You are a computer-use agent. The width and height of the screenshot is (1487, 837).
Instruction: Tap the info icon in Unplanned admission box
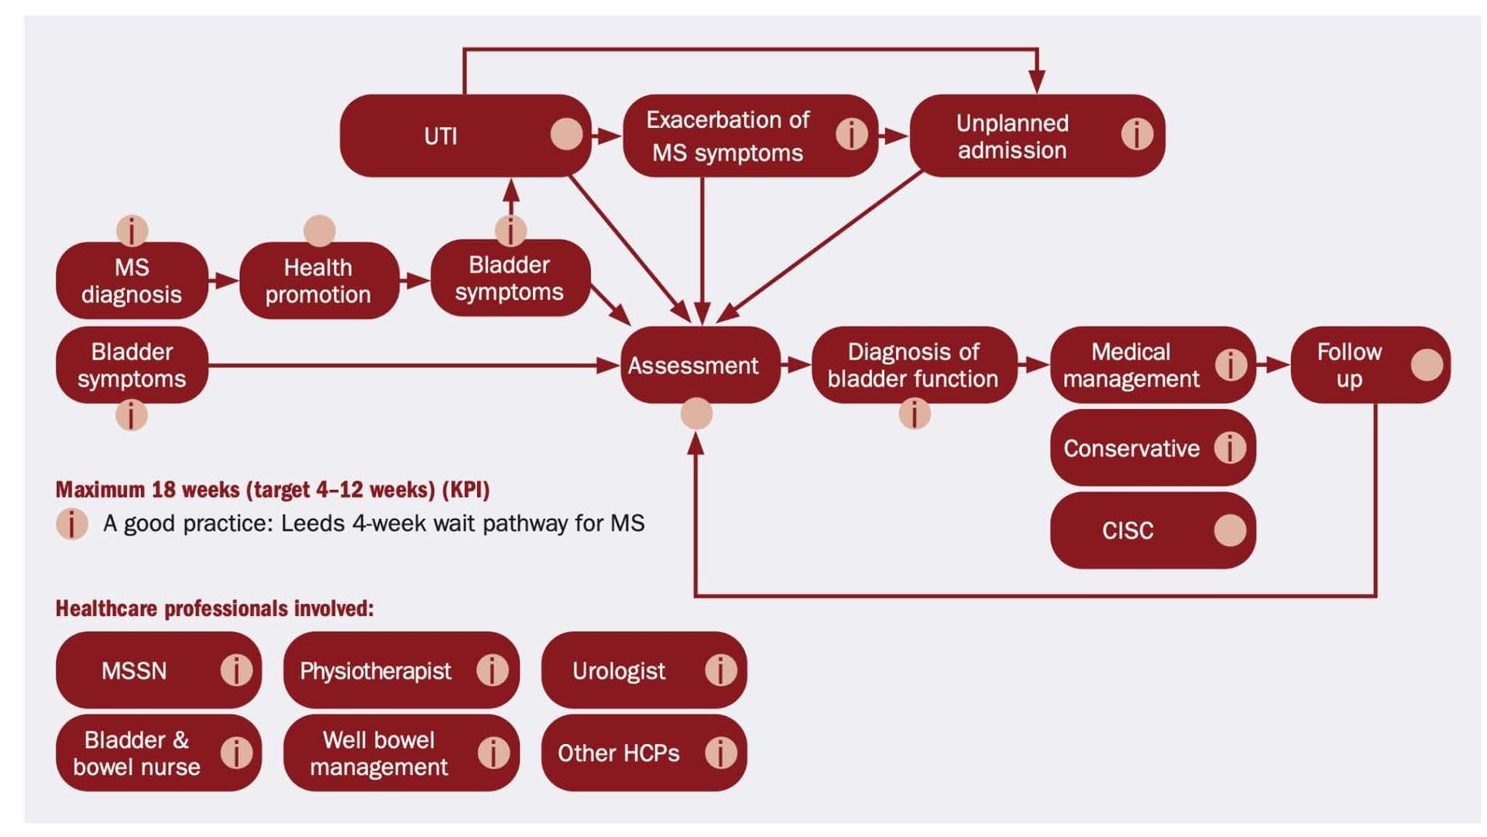tap(1137, 134)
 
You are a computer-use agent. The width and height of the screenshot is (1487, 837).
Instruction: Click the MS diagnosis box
tap(132, 281)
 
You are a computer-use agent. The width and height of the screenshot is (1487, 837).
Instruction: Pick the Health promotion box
tap(318, 281)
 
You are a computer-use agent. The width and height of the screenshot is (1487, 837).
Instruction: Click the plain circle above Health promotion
tap(319, 230)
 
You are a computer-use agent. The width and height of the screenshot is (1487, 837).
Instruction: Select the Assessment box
tap(693, 365)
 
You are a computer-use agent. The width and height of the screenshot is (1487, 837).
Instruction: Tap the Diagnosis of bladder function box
tap(913, 365)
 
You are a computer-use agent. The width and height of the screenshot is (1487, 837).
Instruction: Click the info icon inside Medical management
tap(1231, 364)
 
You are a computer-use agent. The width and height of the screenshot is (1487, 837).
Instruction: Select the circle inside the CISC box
tap(1230, 530)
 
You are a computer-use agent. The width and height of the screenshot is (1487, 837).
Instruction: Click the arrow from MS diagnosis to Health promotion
tap(224, 281)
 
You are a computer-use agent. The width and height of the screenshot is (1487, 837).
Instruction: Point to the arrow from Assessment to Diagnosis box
tap(796, 364)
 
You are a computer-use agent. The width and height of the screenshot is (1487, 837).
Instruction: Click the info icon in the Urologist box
tap(720, 670)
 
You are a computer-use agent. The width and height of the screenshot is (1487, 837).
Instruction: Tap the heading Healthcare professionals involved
tap(215, 609)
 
